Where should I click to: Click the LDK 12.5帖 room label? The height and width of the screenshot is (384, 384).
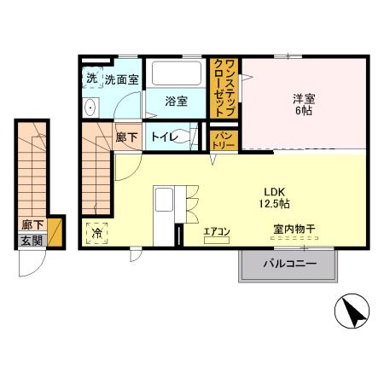click(274, 198)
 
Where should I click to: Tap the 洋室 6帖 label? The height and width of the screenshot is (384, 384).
click(304, 104)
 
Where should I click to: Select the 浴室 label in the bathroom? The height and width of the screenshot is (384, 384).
click(176, 102)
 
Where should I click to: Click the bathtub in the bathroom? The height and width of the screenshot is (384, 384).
click(177, 73)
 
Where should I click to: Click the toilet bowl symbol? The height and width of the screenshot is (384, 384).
click(184, 137)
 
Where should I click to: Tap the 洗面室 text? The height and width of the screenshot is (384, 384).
click(121, 80)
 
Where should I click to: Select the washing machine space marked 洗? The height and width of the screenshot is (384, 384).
click(92, 78)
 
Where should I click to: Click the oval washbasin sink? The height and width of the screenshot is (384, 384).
click(90, 108)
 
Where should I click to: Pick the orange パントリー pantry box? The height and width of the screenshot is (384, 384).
click(224, 140)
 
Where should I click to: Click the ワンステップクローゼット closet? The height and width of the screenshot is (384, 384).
click(224, 88)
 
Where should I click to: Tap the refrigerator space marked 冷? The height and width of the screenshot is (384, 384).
click(97, 234)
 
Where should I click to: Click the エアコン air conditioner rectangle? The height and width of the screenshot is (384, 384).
click(217, 240)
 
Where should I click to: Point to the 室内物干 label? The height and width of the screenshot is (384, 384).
click(294, 229)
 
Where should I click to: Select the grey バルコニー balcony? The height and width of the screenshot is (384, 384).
click(288, 265)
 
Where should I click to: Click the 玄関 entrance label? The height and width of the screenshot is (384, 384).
click(32, 241)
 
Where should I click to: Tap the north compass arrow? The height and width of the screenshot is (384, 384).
click(353, 312)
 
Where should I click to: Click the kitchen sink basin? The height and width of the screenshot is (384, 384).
click(164, 200)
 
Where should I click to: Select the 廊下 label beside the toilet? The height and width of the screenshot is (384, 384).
click(127, 137)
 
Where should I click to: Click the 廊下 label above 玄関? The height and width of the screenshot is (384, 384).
click(32, 225)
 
